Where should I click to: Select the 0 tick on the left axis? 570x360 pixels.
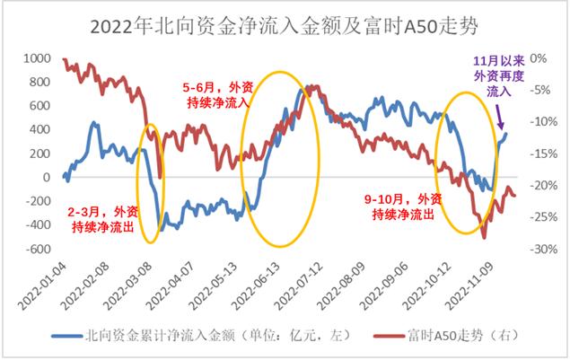point(45,177)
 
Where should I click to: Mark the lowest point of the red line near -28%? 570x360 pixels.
point(484,237)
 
